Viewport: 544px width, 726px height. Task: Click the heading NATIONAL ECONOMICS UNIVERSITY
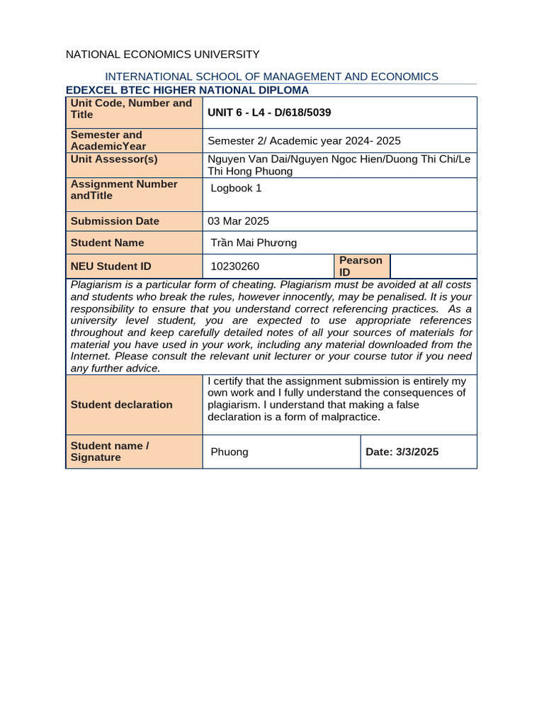[x=162, y=55]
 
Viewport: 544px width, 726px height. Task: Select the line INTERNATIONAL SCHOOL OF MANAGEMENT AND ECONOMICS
[x=271, y=77]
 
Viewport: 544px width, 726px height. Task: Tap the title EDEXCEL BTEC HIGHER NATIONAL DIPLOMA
[x=187, y=90]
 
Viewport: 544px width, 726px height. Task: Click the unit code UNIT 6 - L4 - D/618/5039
[x=269, y=112]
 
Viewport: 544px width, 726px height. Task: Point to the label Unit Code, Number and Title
[x=132, y=108]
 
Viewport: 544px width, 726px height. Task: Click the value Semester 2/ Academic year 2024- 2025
[x=304, y=141]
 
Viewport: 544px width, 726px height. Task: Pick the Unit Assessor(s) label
[x=114, y=159]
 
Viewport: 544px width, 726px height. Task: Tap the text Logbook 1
[x=236, y=188]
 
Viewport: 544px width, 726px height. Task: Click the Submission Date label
[x=115, y=221]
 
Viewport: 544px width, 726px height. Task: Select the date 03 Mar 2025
[x=238, y=221]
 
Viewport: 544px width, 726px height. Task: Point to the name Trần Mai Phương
[x=254, y=243]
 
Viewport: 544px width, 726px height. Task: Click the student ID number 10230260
[x=235, y=267]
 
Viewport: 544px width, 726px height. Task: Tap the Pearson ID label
[x=361, y=266]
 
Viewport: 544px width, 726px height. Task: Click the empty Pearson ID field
[x=433, y=266]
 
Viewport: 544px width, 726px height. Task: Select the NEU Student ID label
[x=111, y=267]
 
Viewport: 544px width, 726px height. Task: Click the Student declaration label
[x=122, y=405]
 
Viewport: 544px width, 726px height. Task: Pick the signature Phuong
[x=229, y=452]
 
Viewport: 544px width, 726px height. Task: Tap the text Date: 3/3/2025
[x=402, y=452]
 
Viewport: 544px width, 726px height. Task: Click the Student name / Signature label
[x=110, y=452]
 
